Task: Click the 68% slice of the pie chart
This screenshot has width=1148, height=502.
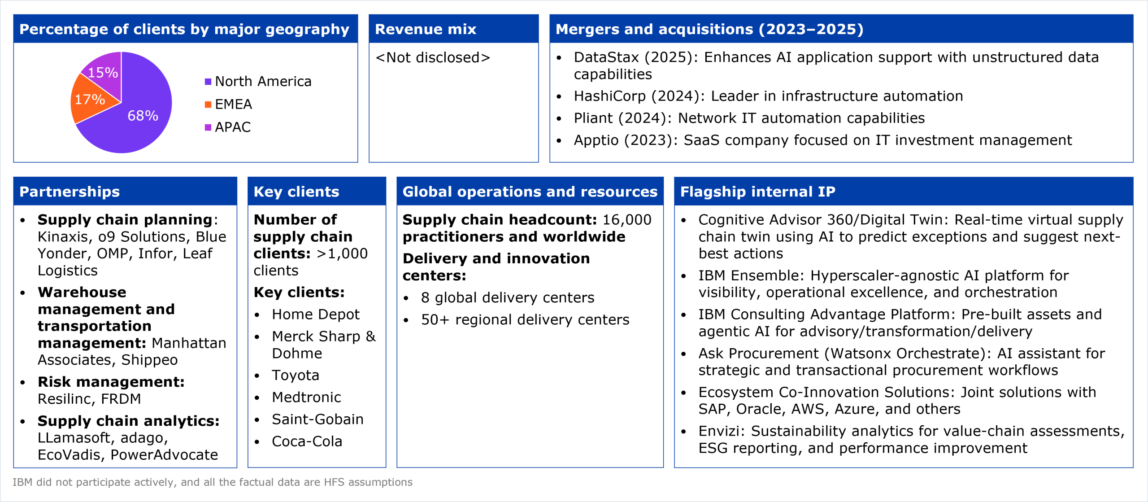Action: (139, 112)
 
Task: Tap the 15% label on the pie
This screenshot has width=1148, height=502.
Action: (103, 73)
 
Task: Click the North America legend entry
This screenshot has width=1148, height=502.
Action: (258, 82)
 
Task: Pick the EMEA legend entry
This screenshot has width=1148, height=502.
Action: (228, 105)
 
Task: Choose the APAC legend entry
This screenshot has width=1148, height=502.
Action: (228, 127)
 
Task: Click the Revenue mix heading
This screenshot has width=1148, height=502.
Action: (426, 29)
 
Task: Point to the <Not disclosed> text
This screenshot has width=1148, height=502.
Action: (433, 57)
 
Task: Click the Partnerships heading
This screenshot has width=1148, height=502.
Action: (70, 192)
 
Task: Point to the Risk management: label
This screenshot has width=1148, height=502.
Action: (111, 382)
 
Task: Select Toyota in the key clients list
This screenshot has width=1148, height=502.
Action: (296, 375)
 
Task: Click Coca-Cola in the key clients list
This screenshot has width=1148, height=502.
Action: (307, 441)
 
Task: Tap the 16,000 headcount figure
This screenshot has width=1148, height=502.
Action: (627, 220)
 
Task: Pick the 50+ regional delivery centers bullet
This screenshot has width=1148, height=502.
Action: (525, 320)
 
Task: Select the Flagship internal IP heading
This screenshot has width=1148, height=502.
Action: (758, 192)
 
